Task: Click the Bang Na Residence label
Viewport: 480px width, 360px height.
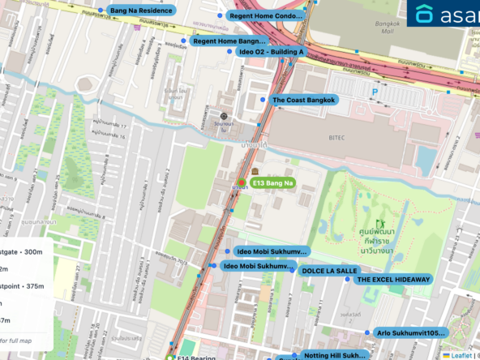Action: (x=141, y=11)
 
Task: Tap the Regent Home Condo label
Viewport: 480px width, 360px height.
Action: (x=266, y=15)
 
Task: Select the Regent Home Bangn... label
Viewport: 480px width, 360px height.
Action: (x=229, y=41)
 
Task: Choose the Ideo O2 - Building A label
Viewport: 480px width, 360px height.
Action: (x=272, y=52)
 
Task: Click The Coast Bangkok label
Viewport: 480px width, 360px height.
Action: (x=303, y=100)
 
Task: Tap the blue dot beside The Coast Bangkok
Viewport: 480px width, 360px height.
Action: (x=263, y=99)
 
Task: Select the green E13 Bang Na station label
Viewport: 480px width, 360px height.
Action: (x=272, y=184)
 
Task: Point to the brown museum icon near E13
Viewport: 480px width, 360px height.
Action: (x=255, y=173)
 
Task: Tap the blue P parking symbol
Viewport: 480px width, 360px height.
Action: (x=374, y=92)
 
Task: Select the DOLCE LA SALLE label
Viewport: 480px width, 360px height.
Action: (x=329, y=271)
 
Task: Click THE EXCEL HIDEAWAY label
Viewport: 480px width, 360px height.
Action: (x=394, y=279)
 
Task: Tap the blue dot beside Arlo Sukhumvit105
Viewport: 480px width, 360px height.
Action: (x=370, y=332)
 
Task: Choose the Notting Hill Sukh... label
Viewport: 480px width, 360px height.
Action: (x=334, y=355)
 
